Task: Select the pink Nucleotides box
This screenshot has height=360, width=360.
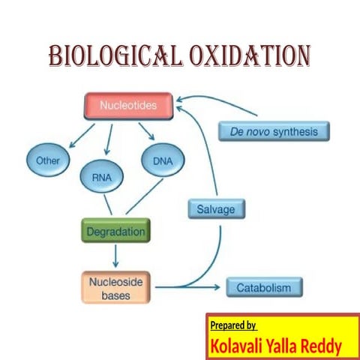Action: [x=128, y=106]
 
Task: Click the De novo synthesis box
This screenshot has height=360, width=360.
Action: [x=274, y=132]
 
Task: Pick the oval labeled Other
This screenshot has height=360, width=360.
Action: [x=47, y=160]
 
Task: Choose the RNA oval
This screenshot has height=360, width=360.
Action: [x=102, y=178]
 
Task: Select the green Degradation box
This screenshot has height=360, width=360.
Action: [x=115, y=231]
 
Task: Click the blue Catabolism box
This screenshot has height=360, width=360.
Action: [x=263, y=287]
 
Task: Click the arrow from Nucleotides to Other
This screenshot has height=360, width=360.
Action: [x=79, y=136]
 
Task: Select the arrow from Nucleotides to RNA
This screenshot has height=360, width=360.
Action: [x=109, y=139]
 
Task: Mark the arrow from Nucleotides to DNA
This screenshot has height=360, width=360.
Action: [x=145, y=133]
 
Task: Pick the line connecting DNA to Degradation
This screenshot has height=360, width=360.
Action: [x=143, y=198]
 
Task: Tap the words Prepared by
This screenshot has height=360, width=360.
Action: [x=233, y=325]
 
